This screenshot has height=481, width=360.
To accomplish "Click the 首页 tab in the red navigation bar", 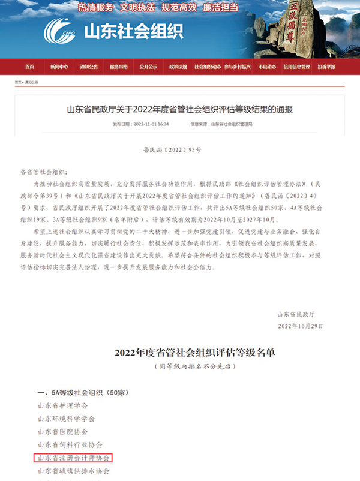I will tap(29, 67).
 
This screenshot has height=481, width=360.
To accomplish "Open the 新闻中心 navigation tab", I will tap(59, 67).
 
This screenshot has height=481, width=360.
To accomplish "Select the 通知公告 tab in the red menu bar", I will tap(89, 67).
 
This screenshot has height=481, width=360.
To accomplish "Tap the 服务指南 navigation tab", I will tap(119, 67).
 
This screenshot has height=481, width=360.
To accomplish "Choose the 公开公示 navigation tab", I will tap(148, 67).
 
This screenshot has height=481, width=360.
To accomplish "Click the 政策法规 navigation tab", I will tap(178, 67).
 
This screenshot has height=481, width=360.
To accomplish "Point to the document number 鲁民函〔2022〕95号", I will tap(179, 145).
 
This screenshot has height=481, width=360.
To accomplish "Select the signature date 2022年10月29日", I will tap(299, 326).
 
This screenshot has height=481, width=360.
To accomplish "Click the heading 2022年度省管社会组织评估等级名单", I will tap(179, 352).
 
